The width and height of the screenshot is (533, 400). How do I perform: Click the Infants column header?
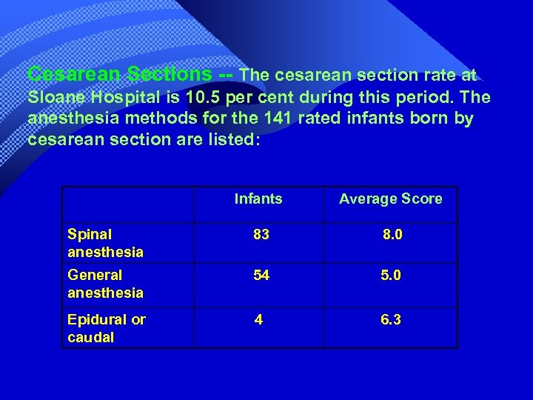[258, 199]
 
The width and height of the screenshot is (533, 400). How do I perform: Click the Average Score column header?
[390, 199]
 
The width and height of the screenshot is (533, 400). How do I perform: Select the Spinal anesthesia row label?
[105, 243]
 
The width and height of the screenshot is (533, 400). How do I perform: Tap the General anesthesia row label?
[105, 284]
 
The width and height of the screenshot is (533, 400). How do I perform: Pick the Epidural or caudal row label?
[107, 328]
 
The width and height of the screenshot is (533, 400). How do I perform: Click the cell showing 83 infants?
[261, 235]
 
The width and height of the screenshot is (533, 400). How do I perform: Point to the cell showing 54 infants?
[261, 276]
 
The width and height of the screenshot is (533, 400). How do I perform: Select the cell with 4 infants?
[258, 320]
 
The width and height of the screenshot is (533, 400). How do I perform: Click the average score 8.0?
[392, 235]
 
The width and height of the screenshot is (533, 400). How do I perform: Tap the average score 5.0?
[390, 276]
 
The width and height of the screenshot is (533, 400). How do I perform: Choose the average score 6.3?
[390, 320]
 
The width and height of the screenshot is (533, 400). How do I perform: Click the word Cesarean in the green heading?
[74, 74]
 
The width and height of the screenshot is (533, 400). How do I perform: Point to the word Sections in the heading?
[170, 74]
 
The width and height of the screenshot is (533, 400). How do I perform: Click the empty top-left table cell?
[128, 204]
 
